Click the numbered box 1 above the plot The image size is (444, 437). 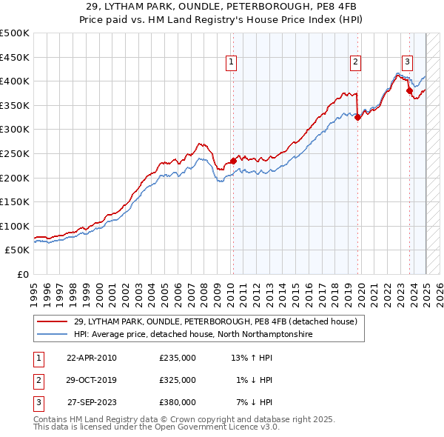[232, 62]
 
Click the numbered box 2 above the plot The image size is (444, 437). [356, 62]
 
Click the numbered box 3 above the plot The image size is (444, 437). [407, 62]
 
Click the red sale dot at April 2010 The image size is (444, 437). [233, 160]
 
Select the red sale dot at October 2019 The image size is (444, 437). [357, 116]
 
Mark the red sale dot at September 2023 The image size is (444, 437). [409, 90]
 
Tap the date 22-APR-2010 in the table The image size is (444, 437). [92, 358]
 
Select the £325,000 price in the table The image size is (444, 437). [178, 380]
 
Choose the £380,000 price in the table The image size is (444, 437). [178, 402]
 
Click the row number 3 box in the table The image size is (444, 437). [36, 402]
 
